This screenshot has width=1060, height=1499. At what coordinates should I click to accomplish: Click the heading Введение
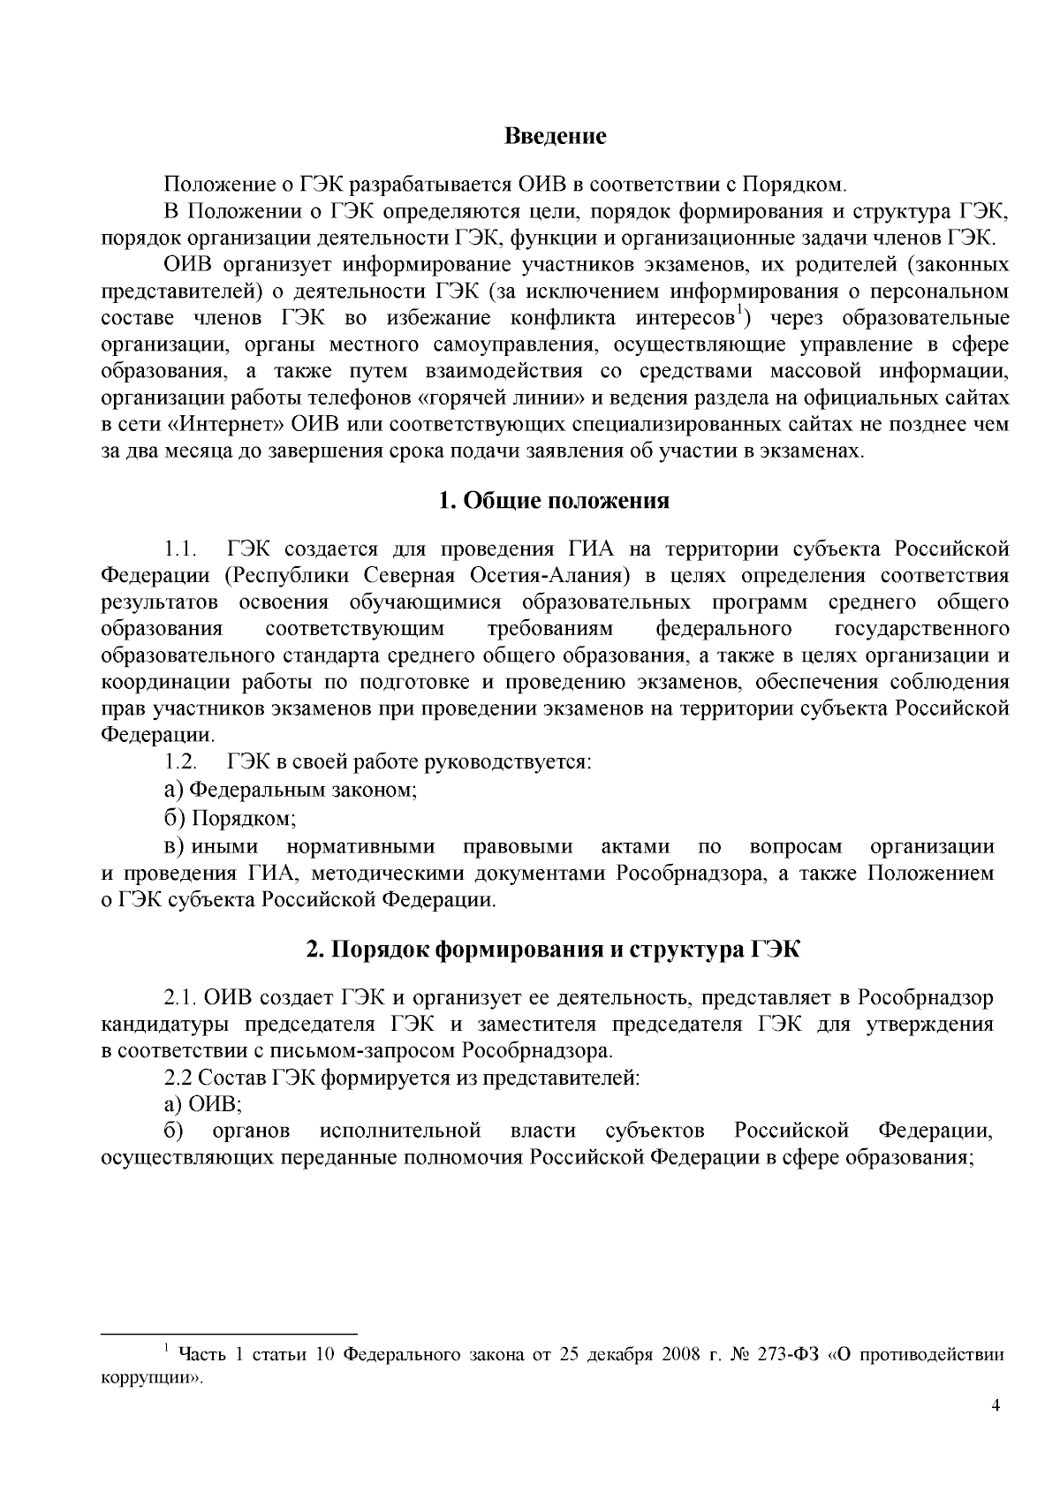[x=555, y=137]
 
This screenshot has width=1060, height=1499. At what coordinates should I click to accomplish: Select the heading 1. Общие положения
[x=554, y=501]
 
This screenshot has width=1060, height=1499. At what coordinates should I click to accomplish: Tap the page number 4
[x=996, y=1407]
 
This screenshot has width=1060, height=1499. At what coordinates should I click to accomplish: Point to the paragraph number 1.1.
[x=179, y=549]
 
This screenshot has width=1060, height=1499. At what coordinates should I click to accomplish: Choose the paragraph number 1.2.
[x=180, y=761]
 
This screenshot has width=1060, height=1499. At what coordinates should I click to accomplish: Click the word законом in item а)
[x=376, y=790]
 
